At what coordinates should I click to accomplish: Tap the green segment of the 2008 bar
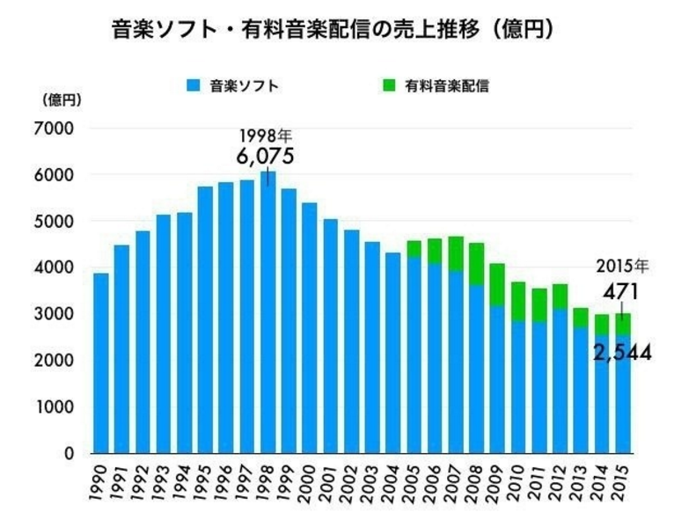477,263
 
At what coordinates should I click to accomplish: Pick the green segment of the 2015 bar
623,324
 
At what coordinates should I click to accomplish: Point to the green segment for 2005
413,248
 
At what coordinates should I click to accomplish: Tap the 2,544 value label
621,354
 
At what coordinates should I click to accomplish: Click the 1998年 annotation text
265,136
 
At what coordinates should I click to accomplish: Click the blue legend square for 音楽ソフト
193,86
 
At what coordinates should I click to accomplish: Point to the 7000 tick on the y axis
55,128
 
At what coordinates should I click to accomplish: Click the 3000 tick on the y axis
55,314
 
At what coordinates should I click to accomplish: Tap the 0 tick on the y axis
68,454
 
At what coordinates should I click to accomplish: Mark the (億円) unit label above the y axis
61,100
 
